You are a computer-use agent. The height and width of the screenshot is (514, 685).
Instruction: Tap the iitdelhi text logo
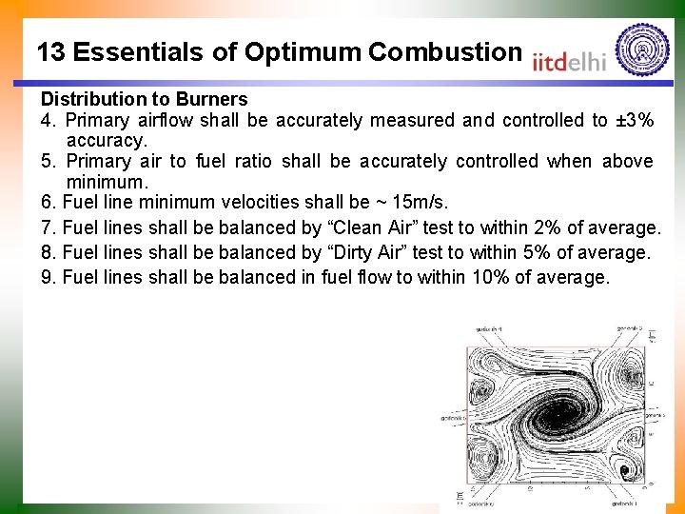[x=569, y=60]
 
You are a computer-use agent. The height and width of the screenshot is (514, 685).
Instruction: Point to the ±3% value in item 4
[x=634, y=121]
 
